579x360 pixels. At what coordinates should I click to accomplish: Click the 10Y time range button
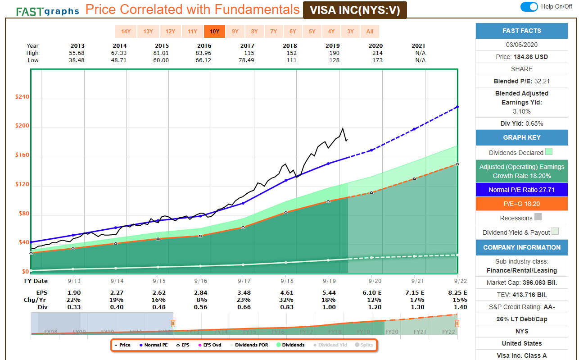[214, 32]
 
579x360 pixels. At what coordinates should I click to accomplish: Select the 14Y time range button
[126, 32]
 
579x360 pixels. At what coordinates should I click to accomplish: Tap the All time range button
[370, 32]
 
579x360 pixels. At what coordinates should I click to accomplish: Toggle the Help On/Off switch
[529, 7]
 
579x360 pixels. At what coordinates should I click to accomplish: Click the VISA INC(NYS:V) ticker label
[355, 10]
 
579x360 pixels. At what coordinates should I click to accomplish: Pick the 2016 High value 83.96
[204, 53]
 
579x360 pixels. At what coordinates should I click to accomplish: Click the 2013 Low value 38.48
[77, 60]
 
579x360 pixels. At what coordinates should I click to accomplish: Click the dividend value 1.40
[461, 307]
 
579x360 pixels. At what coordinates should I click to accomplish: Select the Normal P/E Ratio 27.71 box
[521, 190]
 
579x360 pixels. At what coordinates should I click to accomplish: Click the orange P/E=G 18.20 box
[521, 204]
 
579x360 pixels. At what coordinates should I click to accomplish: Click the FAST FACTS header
[521, 31]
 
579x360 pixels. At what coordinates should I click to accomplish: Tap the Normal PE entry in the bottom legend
[154, 345]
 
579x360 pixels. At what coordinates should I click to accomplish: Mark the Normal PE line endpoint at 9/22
[457, 107]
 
